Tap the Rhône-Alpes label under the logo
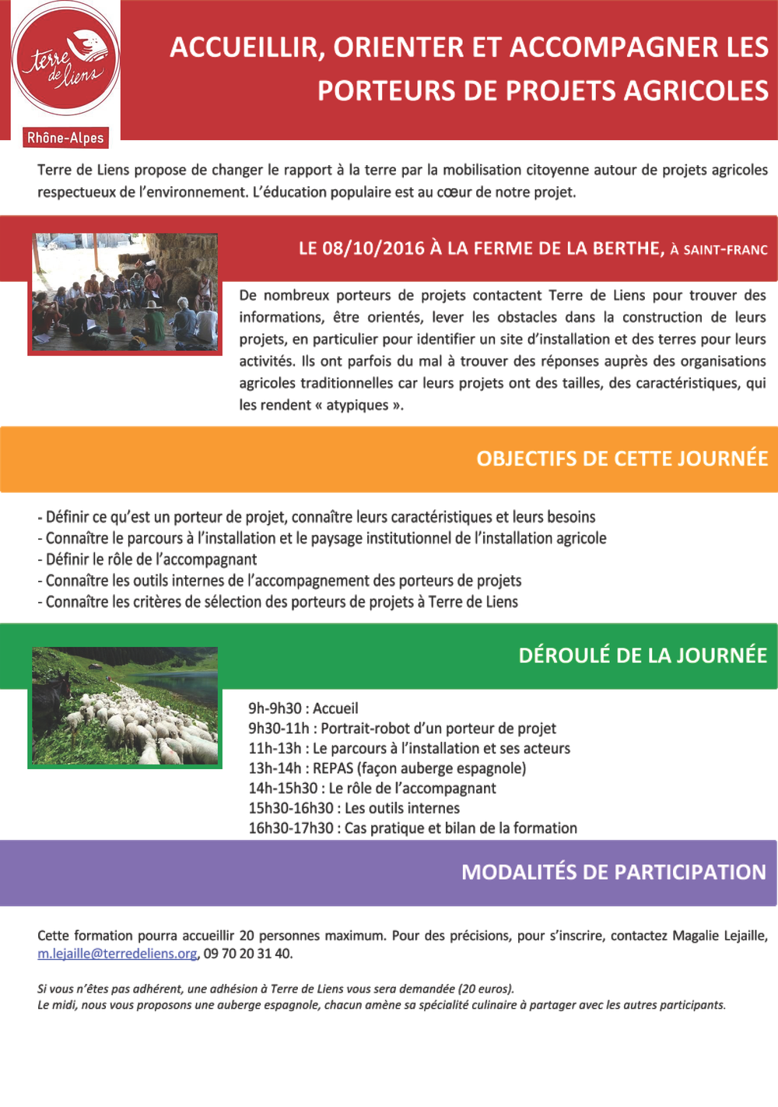tap(65, 138)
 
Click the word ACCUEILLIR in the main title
tap(247, 47)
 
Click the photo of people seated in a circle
tap(124, 293)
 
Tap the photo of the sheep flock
tap(124, 705)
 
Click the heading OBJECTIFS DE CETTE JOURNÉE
tap(622, 459)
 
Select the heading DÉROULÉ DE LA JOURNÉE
tap(643, 655)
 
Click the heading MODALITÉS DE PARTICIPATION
tap(614, 872)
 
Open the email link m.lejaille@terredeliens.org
tap(117, 954)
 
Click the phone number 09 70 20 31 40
tap(248, 954)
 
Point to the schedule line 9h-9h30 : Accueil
tap(303, 708)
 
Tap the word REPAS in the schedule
tap(333, 768)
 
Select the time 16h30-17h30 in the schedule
tap(290, 828)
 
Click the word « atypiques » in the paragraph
tap(359, 405)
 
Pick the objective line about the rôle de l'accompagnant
tap(148, 559)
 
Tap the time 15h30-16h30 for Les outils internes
tap(290, 808)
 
